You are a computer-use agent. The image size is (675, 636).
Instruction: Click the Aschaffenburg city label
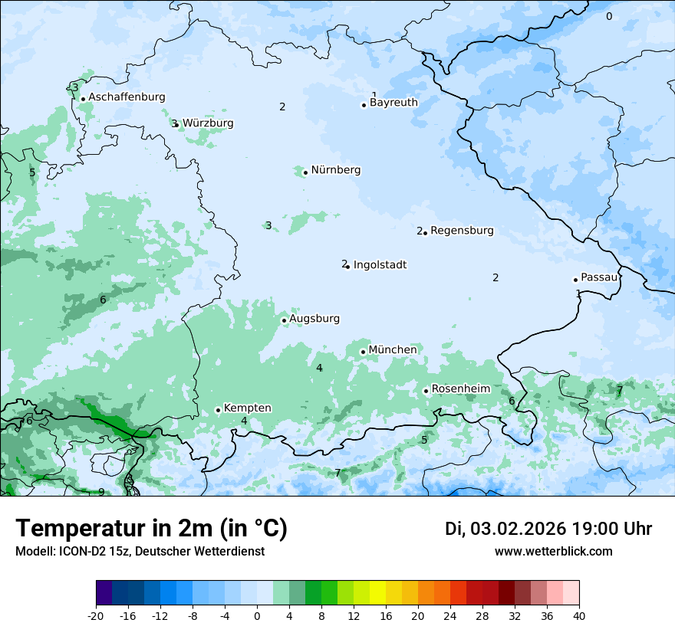[x=127, y=97]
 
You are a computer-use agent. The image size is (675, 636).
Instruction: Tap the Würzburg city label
[x=208, y=123]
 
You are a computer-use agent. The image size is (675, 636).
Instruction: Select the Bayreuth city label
[x=393, y=103]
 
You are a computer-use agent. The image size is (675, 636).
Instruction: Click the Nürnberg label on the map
[x=335, y=170]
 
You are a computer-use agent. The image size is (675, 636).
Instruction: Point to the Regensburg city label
[x=462, y=231]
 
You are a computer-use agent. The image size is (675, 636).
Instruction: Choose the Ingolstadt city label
[x=380, y=265]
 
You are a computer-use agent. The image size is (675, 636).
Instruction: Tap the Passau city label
[x=598, y=277]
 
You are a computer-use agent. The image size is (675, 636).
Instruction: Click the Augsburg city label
[x=314, y=319]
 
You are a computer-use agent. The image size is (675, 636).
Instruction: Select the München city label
[x=393, y=350]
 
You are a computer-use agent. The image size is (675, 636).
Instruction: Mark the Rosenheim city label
[x=460, y=389]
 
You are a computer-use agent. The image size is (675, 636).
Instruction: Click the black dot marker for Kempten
[x=218, y=410]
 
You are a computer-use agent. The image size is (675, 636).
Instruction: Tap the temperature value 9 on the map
[x=101, y=492]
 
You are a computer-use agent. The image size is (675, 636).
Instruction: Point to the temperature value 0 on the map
[x=609, y=17]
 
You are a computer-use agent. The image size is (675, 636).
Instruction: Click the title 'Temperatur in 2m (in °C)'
[x=151, y=529]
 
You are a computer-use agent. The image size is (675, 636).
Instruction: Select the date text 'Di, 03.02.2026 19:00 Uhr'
[x=548, y=529]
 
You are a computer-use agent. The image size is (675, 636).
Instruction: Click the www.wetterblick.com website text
[x=553, y=551]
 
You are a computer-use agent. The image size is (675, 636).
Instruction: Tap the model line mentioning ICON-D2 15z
[x=140, y=551]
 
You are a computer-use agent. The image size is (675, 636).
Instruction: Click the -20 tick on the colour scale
[x=96, y=616]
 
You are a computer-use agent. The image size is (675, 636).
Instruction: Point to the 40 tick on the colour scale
[x=579, y=616]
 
